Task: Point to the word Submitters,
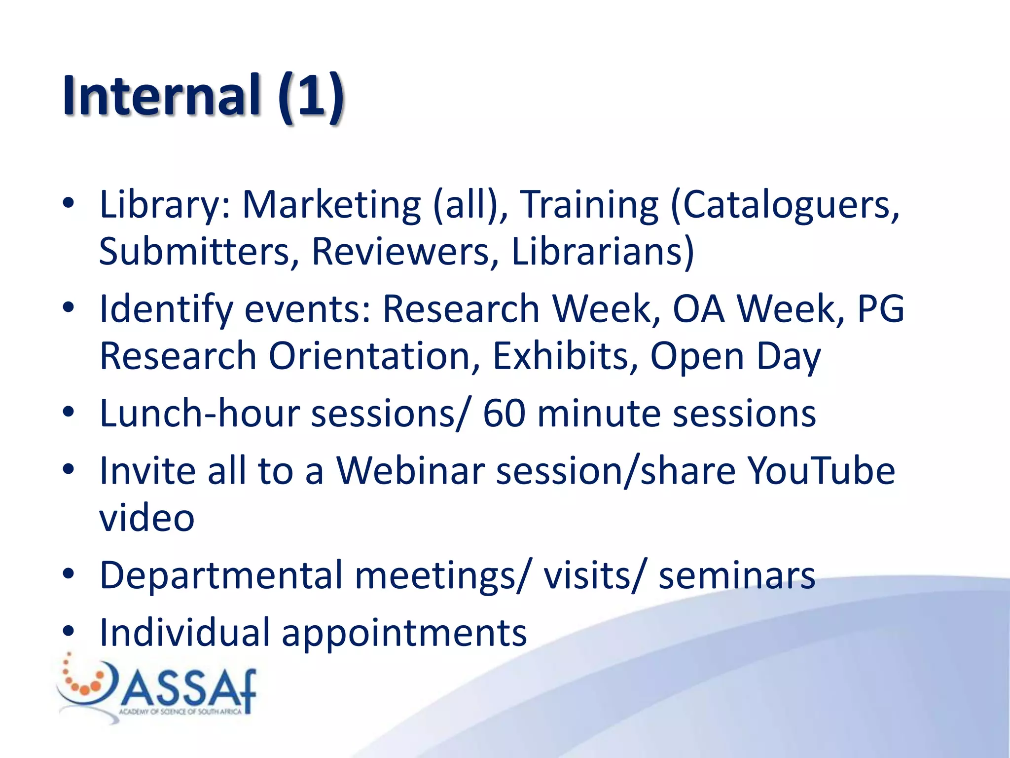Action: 199,252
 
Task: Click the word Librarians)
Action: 603,252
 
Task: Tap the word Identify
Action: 166,309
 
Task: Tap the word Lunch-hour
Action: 200,414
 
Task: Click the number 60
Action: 504,414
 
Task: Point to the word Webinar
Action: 410,471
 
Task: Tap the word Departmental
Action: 221,575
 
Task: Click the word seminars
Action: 737,575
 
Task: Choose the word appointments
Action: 404,633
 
